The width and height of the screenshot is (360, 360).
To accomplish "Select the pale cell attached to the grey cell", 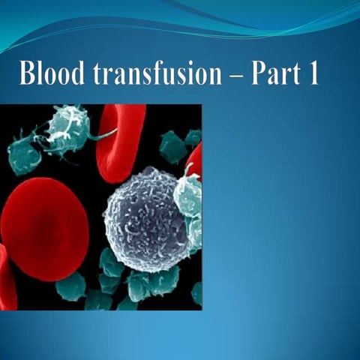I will [188, 194].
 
